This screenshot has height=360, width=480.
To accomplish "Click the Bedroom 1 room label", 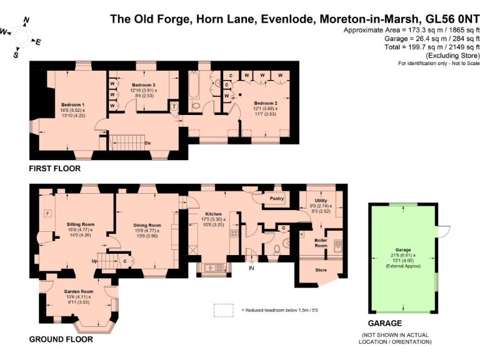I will [x=72, y=104].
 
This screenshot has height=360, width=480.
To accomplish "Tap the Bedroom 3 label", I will [x=143, y=84].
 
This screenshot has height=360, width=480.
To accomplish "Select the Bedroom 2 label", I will [x=265, y=103].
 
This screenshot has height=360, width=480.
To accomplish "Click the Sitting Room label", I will [x=80, y=224].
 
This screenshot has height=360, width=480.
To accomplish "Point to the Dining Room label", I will [x=147, y=226].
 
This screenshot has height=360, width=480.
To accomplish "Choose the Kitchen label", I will [x=214, y=214].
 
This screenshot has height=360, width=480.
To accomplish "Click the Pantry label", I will [x=276, y=199].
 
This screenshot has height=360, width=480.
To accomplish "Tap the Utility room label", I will [x=321, y=201].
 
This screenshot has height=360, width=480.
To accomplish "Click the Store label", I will [x=321, y=270].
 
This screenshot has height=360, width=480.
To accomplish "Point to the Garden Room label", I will [x=78, y=291].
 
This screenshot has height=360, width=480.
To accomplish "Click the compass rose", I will [x=21, y=37].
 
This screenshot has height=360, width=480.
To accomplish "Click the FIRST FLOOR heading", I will [x=55, y=169].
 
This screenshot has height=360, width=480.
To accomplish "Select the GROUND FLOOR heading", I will [x=61, y=339].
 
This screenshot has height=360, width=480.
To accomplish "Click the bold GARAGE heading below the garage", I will [x=384, y=324].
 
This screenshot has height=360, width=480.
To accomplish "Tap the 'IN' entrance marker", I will [x=252, y=268].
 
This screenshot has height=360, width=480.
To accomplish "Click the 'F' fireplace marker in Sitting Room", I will [x=46, y=214].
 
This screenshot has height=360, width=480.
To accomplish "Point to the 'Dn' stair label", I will [x=147, y=142].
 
